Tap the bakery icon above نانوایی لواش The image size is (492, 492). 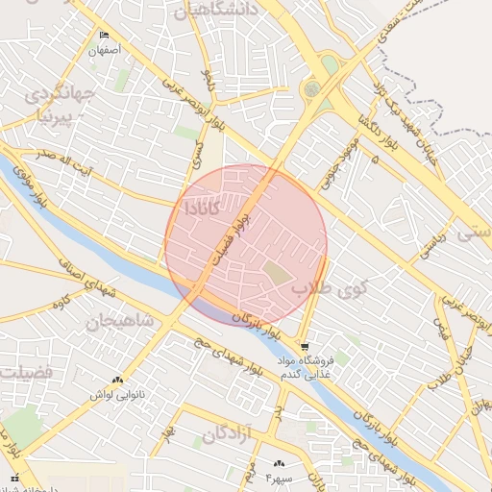pos(117,381)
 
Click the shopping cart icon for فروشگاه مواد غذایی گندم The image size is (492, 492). pos(305,346)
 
